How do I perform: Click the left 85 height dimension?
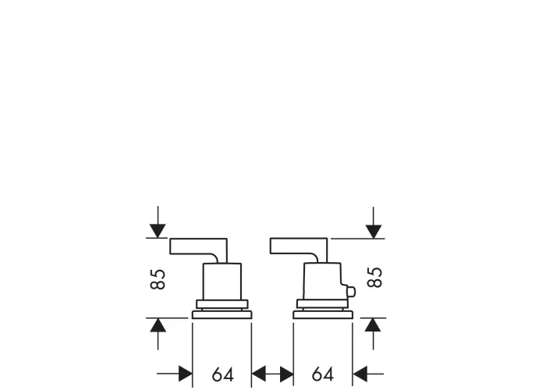pyautogui.click(x=158, y=279)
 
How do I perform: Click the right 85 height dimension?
pyautogui.click(x=374, y=277)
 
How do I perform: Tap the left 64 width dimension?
pyautogui.click(x=222, y=374)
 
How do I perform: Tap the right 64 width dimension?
pyautogui.click(x=323, y=374)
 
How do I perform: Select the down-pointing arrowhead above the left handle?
pyautogui.click(x=158, y=231)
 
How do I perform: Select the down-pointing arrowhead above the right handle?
pyautogui.click(x=374, y=232)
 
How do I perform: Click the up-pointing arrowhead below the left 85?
pyautogui.click(x=158, y=325)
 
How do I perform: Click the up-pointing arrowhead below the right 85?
pyautogui.click(x=373, y=325)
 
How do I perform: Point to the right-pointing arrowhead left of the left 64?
pyautogui.click(x=186, y=374)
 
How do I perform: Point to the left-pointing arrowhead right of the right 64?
pyautogui.click(x=360, y=374)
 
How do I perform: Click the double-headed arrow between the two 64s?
pyautogui.click(x=272, y=374)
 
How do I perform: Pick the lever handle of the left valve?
pyautogui.click(x=198, y=246)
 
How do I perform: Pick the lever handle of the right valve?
pyautogui.click(x=299, y=246)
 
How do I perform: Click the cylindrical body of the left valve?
pyautogui.click(x=222, y=282)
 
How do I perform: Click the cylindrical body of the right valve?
pyautogui.click(x=322, y=281)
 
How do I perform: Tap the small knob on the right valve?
pyautogui.click(x=350, y=292)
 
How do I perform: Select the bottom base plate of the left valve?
pyautogui.click(x=222, y=315)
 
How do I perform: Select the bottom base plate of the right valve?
pyautogui.click(x=323, y=315)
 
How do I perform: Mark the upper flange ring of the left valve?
pyautogui.click(x=222, y=304)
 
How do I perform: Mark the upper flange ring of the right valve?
pyautogui.click(x=322, y=304)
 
